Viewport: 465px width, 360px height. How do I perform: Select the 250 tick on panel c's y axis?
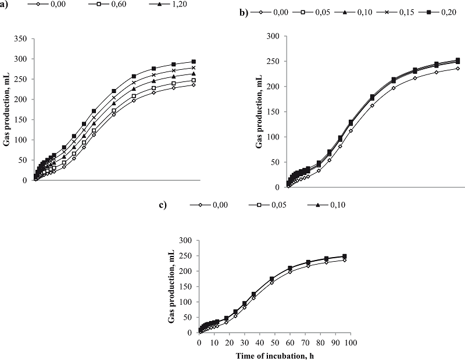pyautogui.click(x=187, y=256)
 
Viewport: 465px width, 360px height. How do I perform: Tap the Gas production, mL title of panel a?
pyautogui.click(x=8, y=110)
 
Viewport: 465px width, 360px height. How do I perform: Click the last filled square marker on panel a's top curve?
pyautogui.click(x=194, y=62)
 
